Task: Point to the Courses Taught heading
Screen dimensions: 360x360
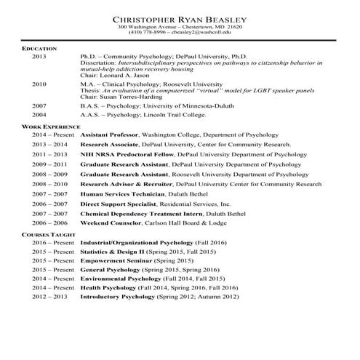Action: [48, 236]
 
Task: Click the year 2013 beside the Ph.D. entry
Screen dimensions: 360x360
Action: [39, 56]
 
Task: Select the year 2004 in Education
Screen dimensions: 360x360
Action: [39, 115]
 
